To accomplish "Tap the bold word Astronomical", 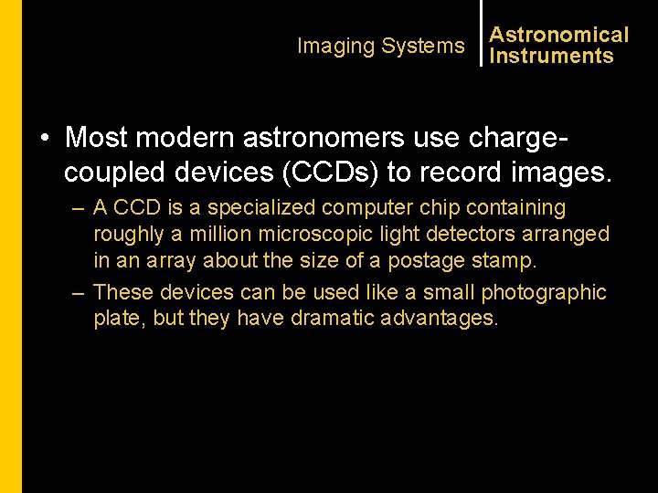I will click(559, 36).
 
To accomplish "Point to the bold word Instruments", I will click(551, 57).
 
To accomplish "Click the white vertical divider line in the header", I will click(481, 33).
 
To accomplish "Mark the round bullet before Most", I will click(44, 139).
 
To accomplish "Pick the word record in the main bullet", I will click(458, 172).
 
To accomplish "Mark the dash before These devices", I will click(80, 293).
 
